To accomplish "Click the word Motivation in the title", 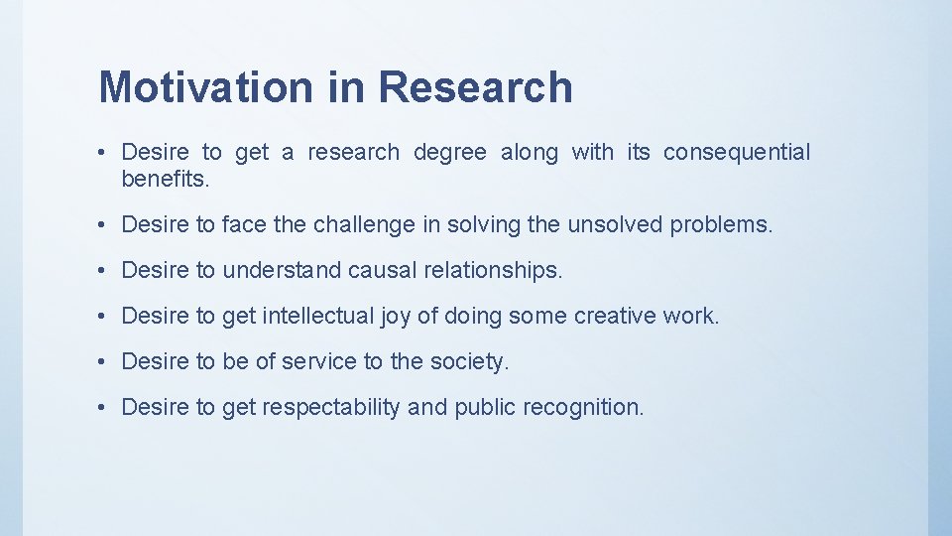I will coord(203,87).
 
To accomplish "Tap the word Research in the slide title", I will coord(475,87).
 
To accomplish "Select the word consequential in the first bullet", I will coord(736,153).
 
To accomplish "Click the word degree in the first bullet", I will coord(449,153).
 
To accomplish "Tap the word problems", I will coord(721,225).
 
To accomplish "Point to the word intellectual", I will coord(315,317).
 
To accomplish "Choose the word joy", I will coord(395,317).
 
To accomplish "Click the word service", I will coord(318,362).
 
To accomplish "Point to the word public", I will coord(485,408).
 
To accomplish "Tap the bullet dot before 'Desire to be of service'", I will coord(103,362).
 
